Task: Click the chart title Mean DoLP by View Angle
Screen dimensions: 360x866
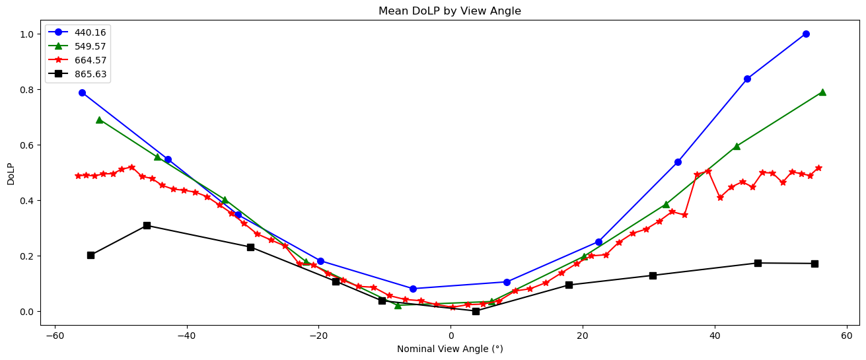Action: [x=450, y=11]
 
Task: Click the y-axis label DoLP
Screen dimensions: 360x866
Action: [x=11, y=172]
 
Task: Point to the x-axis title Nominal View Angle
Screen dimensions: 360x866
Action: [x=450, y=349]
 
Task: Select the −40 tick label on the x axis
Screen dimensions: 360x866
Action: [x=186, y=335]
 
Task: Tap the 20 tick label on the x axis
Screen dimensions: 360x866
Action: [x=583, y=335]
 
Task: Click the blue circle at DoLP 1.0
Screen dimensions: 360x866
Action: [x=806, y=34]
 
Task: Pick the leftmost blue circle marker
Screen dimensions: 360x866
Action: [x=82, y=92]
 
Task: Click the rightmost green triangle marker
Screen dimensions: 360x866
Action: [x=822, y=92]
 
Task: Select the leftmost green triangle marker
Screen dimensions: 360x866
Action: [x=99, y=120]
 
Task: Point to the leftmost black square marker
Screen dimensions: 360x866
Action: [x=90, y=255]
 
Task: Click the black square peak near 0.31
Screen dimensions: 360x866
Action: [x=147, y=225]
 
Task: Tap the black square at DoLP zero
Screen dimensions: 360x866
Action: [x=476, y=311]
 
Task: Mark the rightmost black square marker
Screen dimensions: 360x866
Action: [x=814, y=264]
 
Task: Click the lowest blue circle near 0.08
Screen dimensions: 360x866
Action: [x=413, y=289]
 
